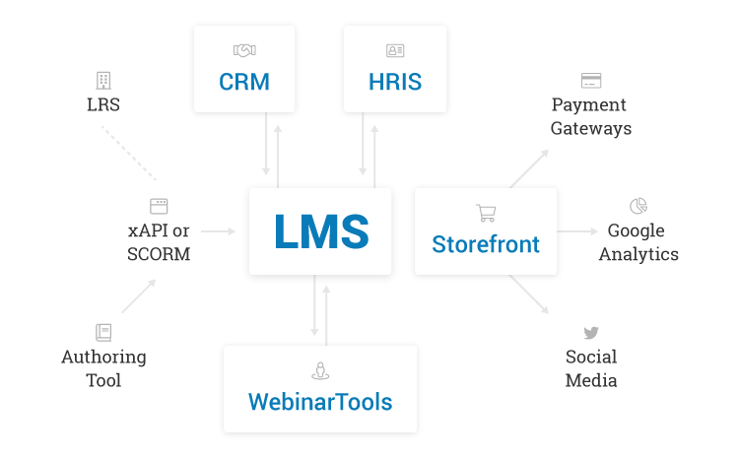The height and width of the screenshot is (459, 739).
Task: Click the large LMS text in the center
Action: point(321,230)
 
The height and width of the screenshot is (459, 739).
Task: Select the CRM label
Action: point(244,82)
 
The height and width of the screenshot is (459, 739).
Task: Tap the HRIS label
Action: point(395,82)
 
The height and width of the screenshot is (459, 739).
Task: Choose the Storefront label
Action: point(486,244)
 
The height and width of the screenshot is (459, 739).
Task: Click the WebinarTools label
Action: point(320,402)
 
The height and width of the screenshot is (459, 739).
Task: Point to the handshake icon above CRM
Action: point(244,50)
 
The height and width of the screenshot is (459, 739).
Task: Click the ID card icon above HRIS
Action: point(395,50)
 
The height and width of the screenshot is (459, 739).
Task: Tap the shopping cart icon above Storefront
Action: point(486,213)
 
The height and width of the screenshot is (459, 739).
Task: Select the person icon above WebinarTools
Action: point(320,370)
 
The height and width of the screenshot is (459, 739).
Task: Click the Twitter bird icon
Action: point(591,333)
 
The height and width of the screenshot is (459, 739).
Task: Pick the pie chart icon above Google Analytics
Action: point(638,206)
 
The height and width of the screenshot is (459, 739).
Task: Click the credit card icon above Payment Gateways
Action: point(591,80)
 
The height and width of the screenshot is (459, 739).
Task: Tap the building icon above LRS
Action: point(103,81)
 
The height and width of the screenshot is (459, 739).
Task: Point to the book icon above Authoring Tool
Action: point(103,332)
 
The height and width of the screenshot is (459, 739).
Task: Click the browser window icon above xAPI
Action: point(159,206)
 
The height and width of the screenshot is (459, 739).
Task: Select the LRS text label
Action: point(103,104)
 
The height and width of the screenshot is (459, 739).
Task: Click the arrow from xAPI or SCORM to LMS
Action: point(218,230)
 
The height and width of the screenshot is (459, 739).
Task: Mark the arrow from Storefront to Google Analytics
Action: point(577,230)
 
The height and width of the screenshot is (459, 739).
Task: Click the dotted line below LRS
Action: point(129,153)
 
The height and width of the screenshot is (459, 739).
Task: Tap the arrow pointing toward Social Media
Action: point(529,295)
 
